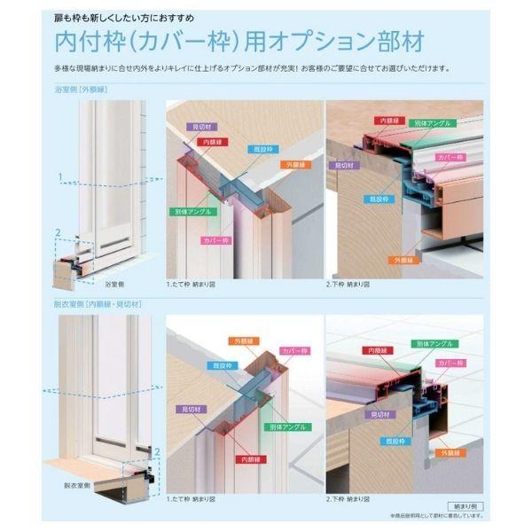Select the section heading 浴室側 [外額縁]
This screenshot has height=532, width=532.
tap(81, 90)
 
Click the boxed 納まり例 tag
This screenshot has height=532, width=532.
tap(465, 505)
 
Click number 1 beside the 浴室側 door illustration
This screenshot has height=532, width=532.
tap(60, 177)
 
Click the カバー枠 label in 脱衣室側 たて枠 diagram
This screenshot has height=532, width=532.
tap(294, 351)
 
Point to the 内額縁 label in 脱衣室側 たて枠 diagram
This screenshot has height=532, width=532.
tap(251, 459)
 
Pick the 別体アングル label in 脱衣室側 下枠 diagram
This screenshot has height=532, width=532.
tap(430, 342)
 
